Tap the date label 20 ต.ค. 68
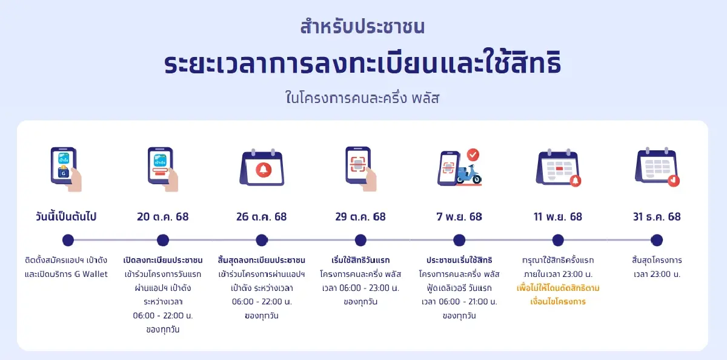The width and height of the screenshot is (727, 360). coord(163,217)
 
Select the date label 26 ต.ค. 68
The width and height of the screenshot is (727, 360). coord(262,217)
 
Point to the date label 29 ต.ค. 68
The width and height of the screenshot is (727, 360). coord(360,217)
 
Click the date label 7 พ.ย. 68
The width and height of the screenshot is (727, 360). coord(459,217)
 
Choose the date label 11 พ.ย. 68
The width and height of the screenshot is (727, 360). coord(558,217)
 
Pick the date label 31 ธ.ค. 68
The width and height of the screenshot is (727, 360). coord(656,217)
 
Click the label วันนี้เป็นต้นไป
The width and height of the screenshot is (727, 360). coord(66,217)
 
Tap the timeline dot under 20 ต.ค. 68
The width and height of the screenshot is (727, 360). coord(163,240)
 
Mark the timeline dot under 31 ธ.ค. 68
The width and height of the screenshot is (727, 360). coord(657,240)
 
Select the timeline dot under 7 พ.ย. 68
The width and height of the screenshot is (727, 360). coord(459,240)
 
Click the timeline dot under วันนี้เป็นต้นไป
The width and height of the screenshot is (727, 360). coord(68,240)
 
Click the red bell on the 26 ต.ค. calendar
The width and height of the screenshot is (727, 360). coord(262,169)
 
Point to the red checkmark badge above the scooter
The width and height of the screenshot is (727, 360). coord(473,155)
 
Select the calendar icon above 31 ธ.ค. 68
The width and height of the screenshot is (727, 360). coord(657,167)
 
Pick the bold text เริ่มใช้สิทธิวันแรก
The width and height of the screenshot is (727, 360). coord(360,260)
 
